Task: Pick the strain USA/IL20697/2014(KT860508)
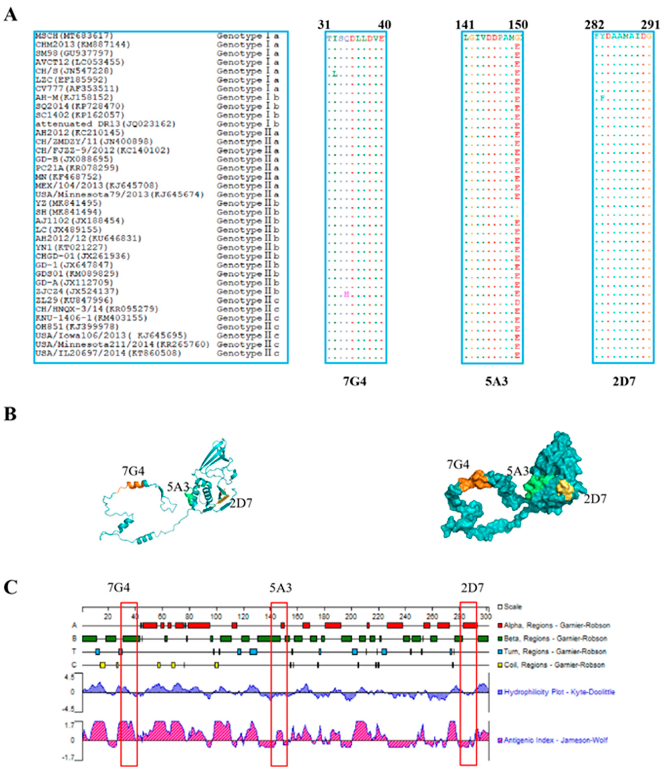point(108,353)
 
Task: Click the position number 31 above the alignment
point(324,25)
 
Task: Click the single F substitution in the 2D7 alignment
point(603,98)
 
